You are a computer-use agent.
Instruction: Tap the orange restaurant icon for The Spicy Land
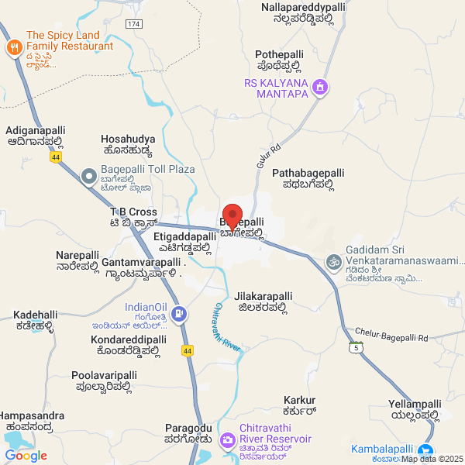14,49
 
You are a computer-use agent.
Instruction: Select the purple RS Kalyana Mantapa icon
319,89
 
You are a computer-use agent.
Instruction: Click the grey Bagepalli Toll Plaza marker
90,177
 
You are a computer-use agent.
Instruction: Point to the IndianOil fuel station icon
179,314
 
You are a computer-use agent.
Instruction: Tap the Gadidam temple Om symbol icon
333,262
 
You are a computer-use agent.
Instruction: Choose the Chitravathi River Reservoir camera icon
227,441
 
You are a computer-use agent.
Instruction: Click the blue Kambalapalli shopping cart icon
425,449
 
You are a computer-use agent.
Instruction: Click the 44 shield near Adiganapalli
56,157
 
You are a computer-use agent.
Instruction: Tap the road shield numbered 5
355,347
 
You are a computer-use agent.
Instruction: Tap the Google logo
26,456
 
